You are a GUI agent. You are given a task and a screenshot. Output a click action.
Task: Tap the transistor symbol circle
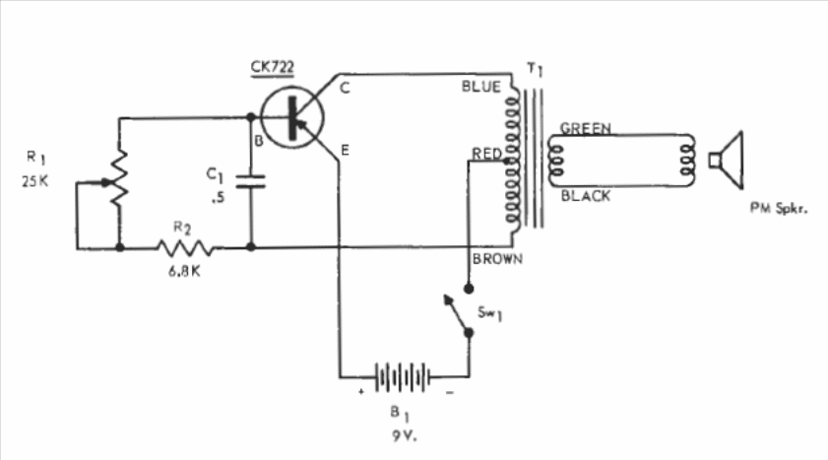(295, 114)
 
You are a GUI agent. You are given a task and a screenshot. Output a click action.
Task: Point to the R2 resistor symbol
(185, 247)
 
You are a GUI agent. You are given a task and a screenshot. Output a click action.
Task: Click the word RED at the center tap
(487, 154)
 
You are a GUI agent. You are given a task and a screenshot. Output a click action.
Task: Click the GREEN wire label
(586, 128)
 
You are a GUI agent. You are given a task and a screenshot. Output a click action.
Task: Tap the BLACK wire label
(586, 196)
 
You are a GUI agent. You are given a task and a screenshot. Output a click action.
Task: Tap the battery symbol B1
(402, 375)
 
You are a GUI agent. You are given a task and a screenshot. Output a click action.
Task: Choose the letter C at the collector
(345, 88)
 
